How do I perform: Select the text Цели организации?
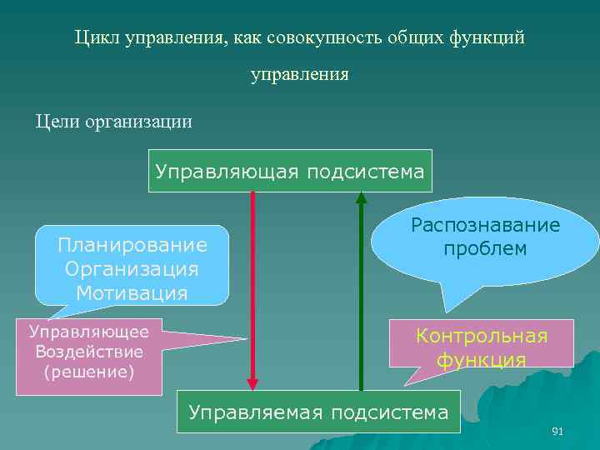[113, 122]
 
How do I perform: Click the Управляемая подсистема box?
[318, 412]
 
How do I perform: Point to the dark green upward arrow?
[361, 292]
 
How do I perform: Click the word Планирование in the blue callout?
[132, 245]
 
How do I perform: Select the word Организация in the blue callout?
[132, 269]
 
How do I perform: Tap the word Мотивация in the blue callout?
[132, 292]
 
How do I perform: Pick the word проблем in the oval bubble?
[485, 249]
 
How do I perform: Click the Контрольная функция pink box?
[482, 347]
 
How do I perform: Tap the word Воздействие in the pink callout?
[89, 351]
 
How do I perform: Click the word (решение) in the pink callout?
[89, 371]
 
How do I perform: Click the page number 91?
[557, 431]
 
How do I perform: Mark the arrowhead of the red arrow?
[252, 383]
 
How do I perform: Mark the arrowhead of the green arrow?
[361, 198]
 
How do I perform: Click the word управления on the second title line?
[300, 75]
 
